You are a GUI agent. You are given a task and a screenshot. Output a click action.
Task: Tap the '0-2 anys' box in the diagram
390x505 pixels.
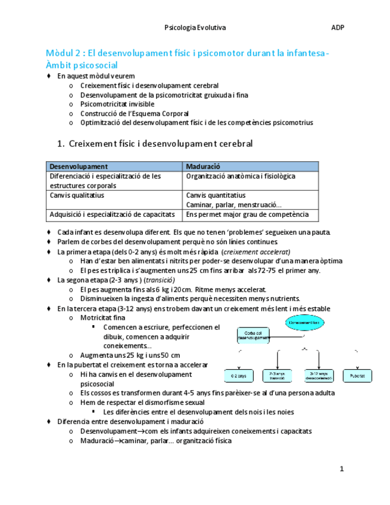click(238, 376)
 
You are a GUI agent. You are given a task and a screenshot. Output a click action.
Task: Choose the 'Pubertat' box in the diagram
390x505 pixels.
click(358, 376)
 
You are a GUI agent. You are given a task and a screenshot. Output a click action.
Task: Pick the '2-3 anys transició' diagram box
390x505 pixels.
click(278, 376)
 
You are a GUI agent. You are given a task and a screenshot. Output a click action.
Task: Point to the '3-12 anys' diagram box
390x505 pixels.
click(318, 376)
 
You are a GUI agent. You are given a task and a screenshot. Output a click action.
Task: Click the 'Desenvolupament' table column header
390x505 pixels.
click(79, 167)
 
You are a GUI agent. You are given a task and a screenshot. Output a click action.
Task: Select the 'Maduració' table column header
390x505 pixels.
click(203, 167)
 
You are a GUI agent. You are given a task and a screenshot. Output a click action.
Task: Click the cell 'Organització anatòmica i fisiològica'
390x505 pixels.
click(241, 176)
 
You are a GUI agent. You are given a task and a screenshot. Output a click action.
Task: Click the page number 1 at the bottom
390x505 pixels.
click(342, 469)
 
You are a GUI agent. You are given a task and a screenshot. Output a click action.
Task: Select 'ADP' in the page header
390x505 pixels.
click(338, 27)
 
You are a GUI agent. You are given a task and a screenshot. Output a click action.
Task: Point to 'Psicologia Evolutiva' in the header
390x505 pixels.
click(195, 27)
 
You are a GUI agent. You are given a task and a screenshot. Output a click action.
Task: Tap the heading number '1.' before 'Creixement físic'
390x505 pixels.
click(60, 144)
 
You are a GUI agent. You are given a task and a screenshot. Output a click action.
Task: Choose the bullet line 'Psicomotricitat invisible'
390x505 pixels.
click(117, 104)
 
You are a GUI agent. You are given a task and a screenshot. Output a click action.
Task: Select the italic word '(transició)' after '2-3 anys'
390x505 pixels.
click(155, 279)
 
